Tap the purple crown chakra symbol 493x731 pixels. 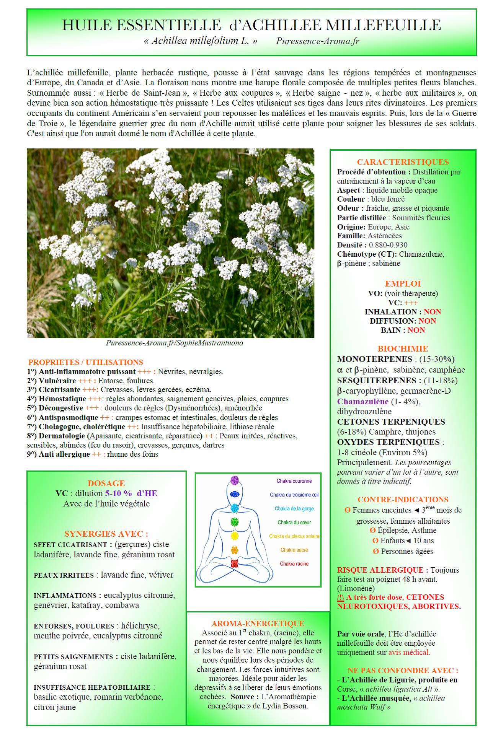click(234, 480)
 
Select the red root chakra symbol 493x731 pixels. click(234, 563)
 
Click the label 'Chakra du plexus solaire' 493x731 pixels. click(294, 536)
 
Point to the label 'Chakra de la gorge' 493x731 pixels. click(294, 509)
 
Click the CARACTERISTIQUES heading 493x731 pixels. click(403, 162)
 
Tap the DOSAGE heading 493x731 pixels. click(106, 484)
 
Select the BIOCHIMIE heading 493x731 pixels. click(403, 349)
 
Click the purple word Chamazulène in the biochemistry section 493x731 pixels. click(362, 402)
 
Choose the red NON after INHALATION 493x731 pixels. click(432, 312)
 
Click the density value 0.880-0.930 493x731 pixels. click(388, 245)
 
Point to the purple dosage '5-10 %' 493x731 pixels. click(118, 493)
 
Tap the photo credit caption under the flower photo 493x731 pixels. click(174, 343)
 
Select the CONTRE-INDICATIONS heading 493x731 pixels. click(403, 500)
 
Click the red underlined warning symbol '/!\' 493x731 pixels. click(341, 597)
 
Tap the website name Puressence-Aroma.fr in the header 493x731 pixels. click(317, 41)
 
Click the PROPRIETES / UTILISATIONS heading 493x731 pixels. click(86, 362)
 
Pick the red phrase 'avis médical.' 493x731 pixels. click(409, 653)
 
